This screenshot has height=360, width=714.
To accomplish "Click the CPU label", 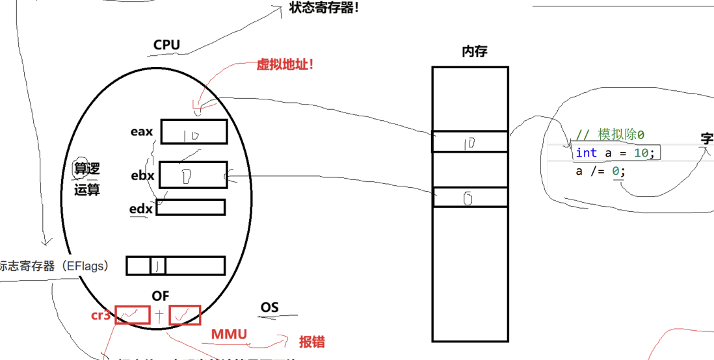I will [166, 45].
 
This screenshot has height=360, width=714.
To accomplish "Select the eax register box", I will [194, 131].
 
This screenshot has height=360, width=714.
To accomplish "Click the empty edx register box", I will [191, 207].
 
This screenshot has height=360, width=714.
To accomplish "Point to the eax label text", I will [141, 132].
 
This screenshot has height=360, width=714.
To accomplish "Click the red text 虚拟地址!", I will [285, 64].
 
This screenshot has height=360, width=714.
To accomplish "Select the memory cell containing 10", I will [469, 142].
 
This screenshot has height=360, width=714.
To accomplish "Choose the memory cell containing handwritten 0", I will [469, 198].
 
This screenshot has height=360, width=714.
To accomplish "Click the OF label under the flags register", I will [160, 296].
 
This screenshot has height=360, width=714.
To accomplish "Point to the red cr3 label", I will [101, 315].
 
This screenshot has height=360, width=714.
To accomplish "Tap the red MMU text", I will [229, 335].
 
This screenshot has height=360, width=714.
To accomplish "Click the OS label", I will [269, 307].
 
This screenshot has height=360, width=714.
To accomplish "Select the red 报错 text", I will [311, 342].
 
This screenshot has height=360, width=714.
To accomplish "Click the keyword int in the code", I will [586, 153].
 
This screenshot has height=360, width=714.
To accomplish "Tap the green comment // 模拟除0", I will [610, 135].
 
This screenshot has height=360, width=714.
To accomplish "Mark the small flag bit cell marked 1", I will [158, 265].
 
